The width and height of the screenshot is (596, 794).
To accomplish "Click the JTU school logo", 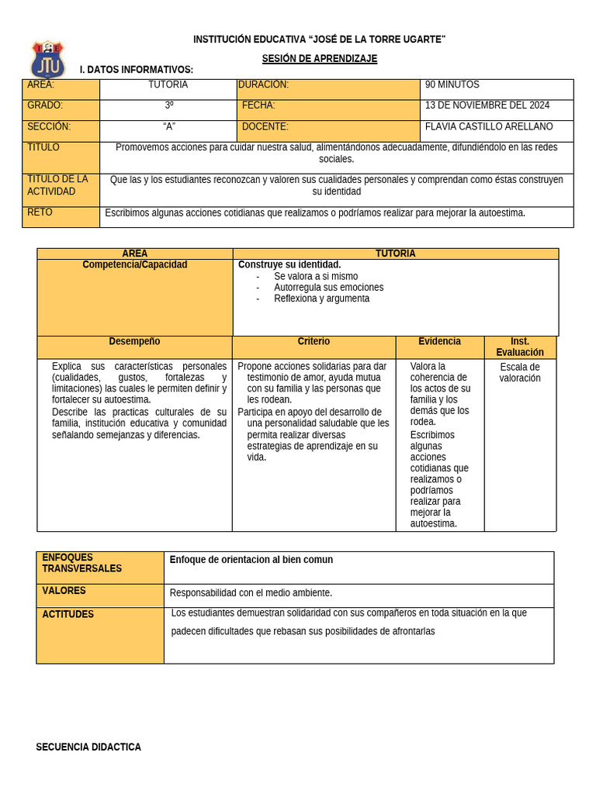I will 48,59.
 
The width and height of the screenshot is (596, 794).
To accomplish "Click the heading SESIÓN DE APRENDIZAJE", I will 319,59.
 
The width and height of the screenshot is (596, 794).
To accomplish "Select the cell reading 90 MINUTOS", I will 452,85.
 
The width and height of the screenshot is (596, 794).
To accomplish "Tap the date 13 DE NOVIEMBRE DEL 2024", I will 487,105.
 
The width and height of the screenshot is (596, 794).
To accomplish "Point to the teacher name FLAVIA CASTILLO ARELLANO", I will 489,126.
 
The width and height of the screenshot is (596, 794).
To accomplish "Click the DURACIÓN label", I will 264,85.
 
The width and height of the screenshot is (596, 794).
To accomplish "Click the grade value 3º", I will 168,105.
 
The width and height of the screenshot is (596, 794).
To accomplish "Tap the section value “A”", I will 168,126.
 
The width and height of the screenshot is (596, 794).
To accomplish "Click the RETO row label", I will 40,212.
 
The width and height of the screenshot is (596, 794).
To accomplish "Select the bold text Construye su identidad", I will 289,264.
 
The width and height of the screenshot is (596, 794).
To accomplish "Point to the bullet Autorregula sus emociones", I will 328,287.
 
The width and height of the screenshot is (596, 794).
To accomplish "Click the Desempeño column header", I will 134,341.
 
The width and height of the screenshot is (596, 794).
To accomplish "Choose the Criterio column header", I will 314,341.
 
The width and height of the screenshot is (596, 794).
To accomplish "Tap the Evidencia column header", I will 439,341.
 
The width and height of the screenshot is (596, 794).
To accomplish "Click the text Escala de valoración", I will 520,373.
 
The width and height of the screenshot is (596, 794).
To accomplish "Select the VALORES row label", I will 64,591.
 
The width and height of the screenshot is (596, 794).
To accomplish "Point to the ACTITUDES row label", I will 68,614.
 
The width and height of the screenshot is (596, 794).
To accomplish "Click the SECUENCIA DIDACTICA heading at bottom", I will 88,747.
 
